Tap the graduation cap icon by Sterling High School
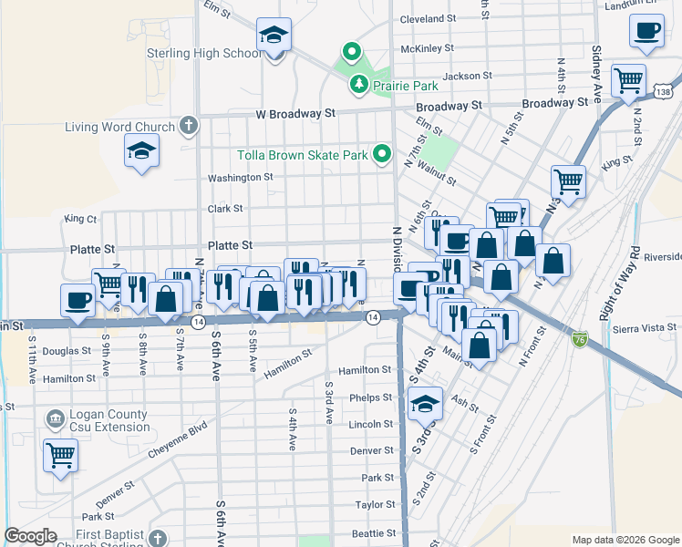coord(273,35)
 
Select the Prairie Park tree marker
coord(359,85)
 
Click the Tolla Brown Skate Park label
coord(303,155)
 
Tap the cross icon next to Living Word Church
coord(189,125)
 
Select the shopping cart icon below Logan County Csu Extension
coord(61,452)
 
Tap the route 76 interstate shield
coord(580,339)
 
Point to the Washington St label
coord(241,178)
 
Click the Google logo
coord(30,536)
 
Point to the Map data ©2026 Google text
coord(625,540)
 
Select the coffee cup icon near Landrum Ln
coord(646,30)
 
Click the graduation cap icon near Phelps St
coord(425,402)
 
